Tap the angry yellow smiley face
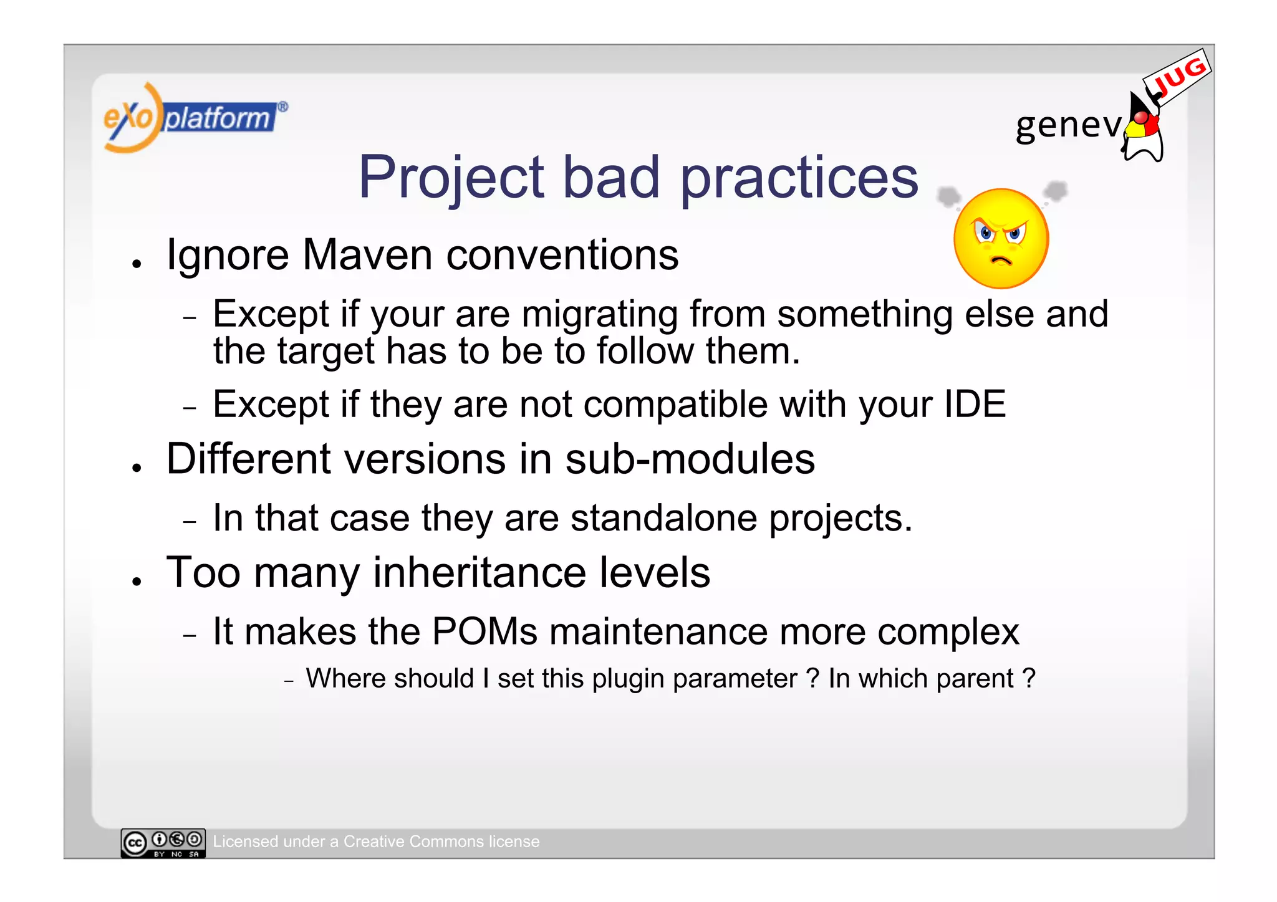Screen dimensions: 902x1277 [x=1001, y=239]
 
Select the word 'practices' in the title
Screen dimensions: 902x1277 [x=799, y=178]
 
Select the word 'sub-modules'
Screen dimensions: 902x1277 [x=690, y=459]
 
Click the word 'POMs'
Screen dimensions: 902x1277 [x=484, y=631]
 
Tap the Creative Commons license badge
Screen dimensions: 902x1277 [x=163, y=843]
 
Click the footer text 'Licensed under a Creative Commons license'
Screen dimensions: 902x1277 [x=376, y=842]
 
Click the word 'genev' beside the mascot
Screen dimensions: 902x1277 [x=1068, y=125]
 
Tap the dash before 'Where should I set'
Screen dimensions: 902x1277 [x=289, y=681]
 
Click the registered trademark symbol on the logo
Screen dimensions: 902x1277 [x=282, y=107]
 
